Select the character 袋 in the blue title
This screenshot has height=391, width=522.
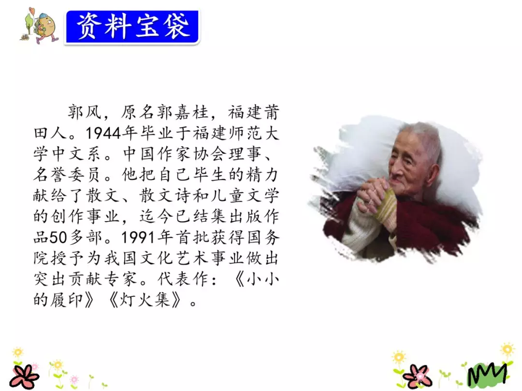tap(176, 27)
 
